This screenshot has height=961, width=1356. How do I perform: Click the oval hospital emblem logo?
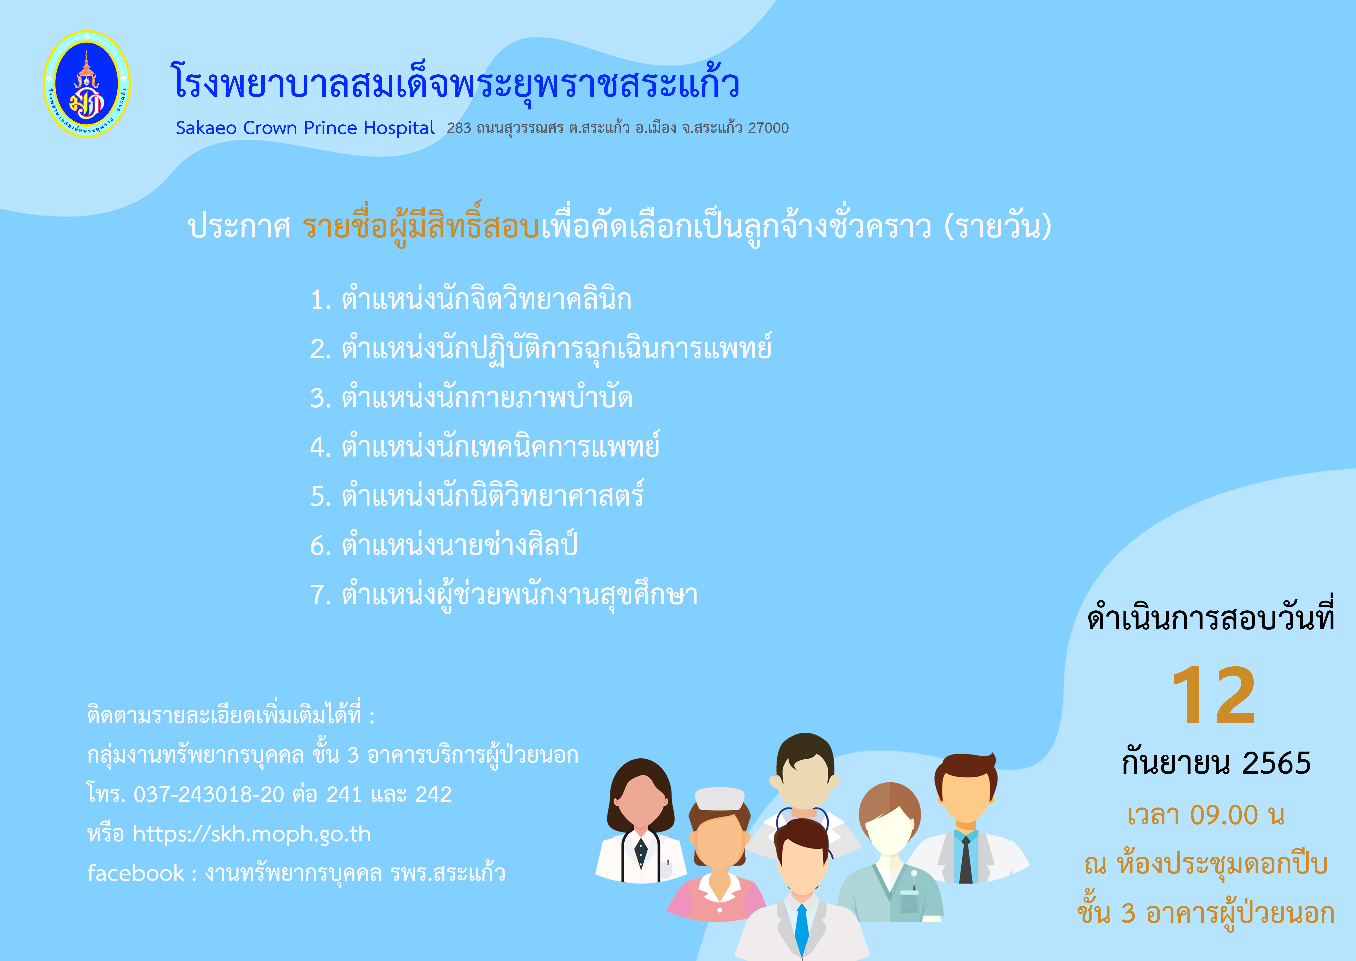point(87,84)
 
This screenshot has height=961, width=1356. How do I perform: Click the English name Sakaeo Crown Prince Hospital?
point(305,128)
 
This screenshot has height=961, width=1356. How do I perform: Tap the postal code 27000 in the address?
point(769,128)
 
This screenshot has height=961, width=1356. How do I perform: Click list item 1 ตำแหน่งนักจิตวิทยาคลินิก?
point(471,299)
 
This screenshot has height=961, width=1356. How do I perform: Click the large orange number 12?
point(1214,695)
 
